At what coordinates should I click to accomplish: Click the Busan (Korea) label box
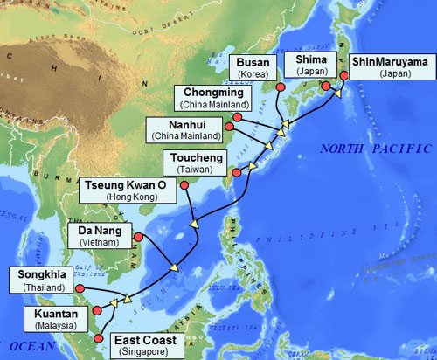pos(257,67)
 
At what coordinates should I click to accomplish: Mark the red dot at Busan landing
pos(281,87)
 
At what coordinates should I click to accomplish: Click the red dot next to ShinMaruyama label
pos(343,76)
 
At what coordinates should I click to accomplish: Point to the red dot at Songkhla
pos(79,287)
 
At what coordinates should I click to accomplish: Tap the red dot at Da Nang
pos(139,236)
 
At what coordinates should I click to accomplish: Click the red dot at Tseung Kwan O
pos(184,185)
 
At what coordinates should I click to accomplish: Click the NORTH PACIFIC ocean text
pos(375,149)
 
